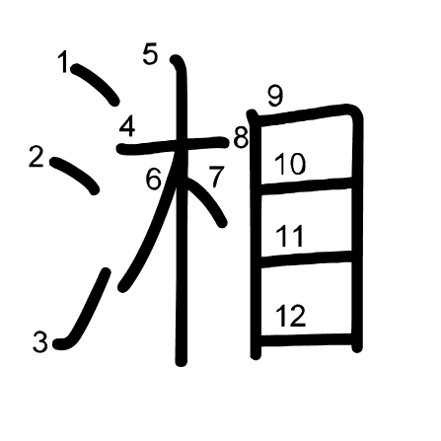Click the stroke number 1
point(63,62)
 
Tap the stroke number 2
point(37,156)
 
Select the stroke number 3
point(40,342)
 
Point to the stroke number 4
point(127,127)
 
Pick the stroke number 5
point(150,54)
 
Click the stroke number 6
point(154,180)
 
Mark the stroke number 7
point(217,177)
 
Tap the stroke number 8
point(241,138)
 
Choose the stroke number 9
point(274,97)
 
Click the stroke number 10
point(290,164)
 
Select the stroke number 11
point(290,236)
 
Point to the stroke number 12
point(291,316)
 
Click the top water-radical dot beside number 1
point(95,84)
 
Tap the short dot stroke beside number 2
point(74,175)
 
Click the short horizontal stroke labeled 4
point(173,145)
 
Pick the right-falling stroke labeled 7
point(206,200)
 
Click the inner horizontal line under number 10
point(306,186)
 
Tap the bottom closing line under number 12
point(306,339)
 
